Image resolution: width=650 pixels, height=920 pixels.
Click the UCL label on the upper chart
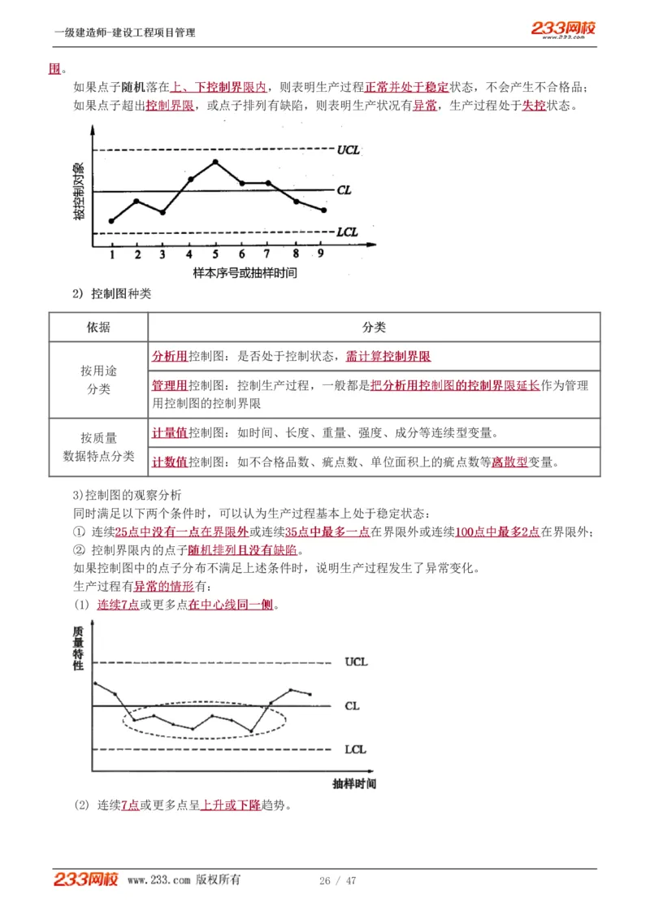pos(348,150)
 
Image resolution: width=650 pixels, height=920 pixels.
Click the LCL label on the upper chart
pos(347,232)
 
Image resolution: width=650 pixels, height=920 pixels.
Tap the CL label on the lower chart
pos(352,706)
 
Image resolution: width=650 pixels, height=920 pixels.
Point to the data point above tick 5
pos(215,162)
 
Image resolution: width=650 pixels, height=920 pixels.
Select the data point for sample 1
pos(111,221)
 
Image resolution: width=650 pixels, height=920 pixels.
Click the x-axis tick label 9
pos(321,254)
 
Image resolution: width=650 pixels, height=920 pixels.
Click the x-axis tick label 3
pos(162,254)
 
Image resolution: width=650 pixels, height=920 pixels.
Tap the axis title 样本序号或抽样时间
pos(245,272)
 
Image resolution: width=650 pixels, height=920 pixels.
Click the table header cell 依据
pos(98,328)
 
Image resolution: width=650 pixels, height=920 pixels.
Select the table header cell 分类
pos(374,328)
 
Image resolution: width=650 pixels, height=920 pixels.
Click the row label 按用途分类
pos(98,380)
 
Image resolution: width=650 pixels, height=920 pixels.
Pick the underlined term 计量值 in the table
pos(170,433)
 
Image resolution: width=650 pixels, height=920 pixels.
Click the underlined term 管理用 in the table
pos(170,385)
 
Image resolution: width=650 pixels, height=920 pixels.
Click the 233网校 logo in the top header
pos(564,29)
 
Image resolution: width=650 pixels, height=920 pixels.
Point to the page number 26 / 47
pos(338,881)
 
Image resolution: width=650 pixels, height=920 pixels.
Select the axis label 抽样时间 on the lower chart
pos(354,784)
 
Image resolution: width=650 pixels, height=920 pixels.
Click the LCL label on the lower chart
pos(355,749)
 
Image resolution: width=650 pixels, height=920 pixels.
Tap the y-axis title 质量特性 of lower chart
pos(78,648)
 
